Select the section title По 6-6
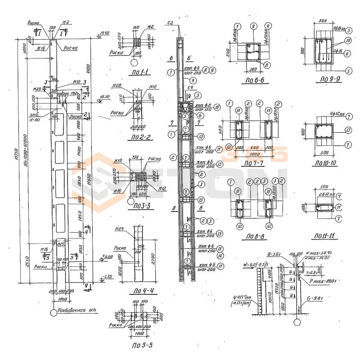[254, 82]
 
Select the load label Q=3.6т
[274, 253]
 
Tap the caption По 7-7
[253, 162]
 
